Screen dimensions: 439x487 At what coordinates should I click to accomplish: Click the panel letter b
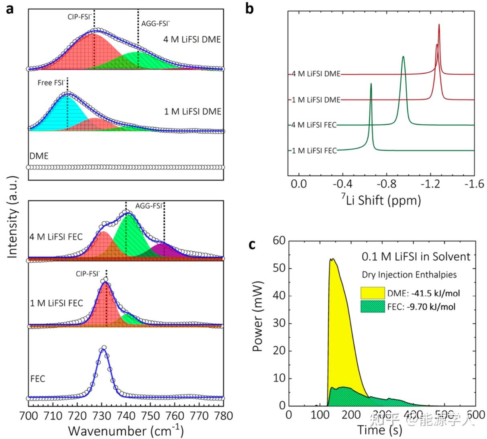(x=250, y=8)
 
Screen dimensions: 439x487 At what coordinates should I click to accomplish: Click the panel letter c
(x=252, y=244)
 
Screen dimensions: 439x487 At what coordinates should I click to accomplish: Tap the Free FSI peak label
(x=51, y=83)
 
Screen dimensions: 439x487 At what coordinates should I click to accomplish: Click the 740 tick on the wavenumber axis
(x=126, y=415)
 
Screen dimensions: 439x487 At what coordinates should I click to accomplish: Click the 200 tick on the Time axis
(x=351, y=414)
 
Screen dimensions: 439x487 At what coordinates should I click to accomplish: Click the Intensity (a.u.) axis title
(x=13, y=217)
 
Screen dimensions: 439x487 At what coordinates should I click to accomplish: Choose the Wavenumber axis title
(x=126, y=431)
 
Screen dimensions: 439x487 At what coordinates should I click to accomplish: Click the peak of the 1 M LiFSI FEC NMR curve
(x=371, y=84)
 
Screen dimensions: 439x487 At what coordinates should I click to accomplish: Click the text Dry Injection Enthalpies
(x=409, y=275)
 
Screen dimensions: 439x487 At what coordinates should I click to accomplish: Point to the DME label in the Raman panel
(x=39, y=156)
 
